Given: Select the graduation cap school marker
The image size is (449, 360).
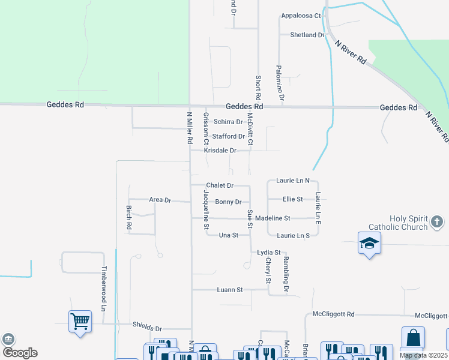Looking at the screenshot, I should pos(369,243).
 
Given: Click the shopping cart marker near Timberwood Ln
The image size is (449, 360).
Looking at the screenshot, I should pos(80,321).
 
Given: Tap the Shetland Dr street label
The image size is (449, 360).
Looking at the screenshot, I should pos(307,35).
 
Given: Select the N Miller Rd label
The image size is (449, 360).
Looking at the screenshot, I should pos(190,127).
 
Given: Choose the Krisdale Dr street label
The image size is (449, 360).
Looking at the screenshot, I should pos(220,151).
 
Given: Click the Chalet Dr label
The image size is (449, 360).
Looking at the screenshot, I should pos(220,185).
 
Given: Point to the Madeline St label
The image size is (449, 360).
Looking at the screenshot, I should pos(273,218).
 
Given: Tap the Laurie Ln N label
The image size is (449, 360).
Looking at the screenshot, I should pos(293,180).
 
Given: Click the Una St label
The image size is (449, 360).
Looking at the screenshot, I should pos(229,235).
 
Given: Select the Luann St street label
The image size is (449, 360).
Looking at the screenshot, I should pos(229,290).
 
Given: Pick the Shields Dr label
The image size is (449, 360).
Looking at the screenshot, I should pos(147,329).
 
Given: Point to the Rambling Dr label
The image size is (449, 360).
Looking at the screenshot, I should pos(287,275).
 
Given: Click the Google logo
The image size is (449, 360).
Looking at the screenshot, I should pos(19,353).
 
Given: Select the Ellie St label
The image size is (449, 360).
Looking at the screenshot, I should pos(292,199).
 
